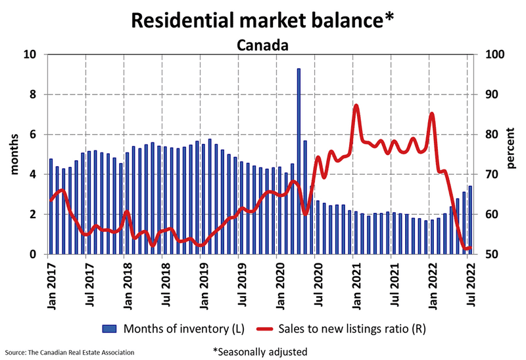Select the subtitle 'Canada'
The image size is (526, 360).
pyautogui.click(x=262, y=45)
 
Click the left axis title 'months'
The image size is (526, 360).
pyautogui.click(x=14, y=154)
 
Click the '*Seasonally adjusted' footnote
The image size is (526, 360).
pyautogui.click(x=259, y=351)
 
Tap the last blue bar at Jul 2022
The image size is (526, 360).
pyautogui.click(x=470, y=220)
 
